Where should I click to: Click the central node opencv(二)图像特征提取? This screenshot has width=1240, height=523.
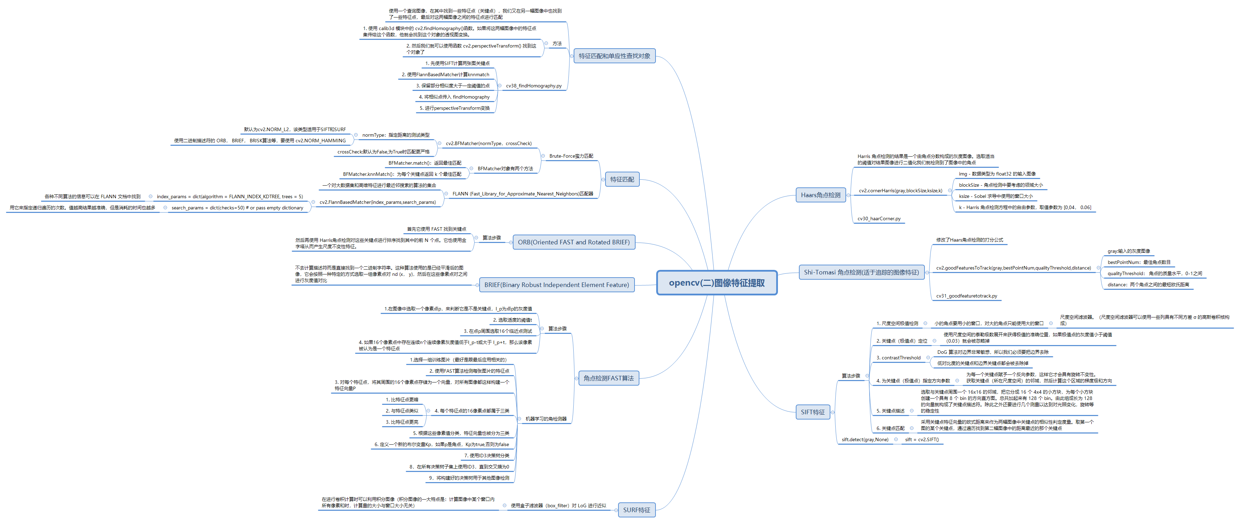[716, 283]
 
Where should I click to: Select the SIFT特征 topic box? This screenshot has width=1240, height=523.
[813, 412]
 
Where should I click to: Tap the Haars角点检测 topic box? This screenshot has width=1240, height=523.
[820, 195]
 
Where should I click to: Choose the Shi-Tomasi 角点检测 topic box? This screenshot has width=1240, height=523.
[861, 272]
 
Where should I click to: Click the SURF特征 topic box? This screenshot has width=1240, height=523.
[636, 510]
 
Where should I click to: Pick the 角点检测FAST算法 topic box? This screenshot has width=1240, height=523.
[608, 378]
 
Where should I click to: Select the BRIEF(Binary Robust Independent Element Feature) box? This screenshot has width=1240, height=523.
[557, 285]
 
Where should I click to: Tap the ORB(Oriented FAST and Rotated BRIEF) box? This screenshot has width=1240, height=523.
[573, 242]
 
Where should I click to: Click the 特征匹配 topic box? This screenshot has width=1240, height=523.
[622, 179]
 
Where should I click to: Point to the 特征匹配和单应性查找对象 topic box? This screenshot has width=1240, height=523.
[614, 56]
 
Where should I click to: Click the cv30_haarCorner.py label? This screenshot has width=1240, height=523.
[879, 218]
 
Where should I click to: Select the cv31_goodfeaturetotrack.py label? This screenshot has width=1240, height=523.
[966, 296]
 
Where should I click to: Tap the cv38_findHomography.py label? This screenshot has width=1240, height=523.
[533, 86]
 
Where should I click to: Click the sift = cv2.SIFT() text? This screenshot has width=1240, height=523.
[921, 439]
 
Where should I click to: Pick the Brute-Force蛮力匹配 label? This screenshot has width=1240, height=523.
[571, 156]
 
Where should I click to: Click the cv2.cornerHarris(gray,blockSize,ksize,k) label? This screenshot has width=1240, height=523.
[900, 191]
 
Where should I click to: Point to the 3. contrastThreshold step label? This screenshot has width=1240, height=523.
[898, 358]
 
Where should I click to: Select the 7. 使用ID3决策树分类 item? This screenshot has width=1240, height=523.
[486, 455]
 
